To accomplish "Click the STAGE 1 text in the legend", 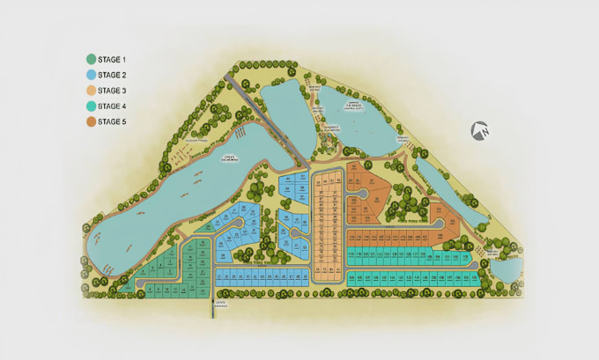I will point(112,59).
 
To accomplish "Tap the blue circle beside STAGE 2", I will point(91,75).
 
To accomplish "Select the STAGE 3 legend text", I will point(112,90).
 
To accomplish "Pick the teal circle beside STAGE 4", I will point(91,106).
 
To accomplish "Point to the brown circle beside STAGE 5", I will point(91,121).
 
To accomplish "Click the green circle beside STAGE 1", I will point(91,59).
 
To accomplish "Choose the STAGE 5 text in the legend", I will point(112,121).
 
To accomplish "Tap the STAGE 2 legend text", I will point(112,75).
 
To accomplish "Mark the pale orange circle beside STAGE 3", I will point(91,90).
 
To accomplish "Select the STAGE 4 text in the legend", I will point(112,106).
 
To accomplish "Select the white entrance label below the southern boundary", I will point(220,305).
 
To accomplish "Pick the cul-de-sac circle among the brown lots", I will point(361,194).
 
